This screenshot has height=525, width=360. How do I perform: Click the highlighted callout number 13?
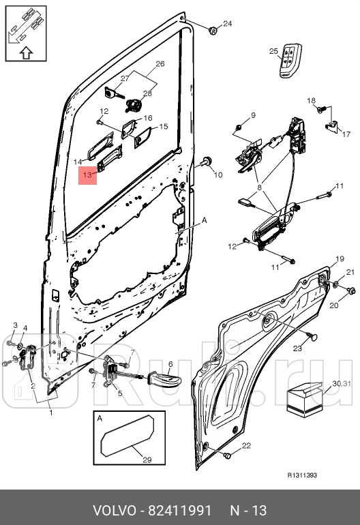(87, 175)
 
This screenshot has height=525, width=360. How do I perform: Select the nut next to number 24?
(212, 29)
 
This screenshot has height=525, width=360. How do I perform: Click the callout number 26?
(160, 64)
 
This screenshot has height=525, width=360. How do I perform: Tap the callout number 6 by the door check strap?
(170, 365)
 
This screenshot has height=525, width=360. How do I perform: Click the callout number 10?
(218, 175)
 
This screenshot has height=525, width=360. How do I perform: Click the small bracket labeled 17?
(333, 125)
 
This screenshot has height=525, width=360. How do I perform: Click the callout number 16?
(147, 118)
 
